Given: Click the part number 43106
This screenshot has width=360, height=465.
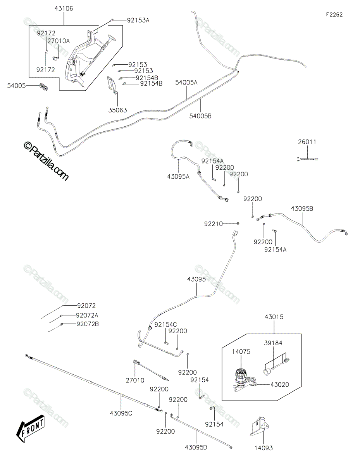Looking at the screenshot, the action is click(x=64, y=9).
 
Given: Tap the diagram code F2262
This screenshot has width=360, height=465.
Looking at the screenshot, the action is click(x=334, y=15).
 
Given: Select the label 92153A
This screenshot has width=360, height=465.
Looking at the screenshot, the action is click(x=138, y=20).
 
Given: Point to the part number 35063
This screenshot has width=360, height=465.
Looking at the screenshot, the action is click(x=118, y=110).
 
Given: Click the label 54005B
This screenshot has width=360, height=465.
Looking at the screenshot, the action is click(x=200, y=116).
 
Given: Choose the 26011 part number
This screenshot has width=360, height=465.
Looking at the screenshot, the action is click(x=307, y=142).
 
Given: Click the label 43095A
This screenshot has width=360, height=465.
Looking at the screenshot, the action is click(x=178, y=177).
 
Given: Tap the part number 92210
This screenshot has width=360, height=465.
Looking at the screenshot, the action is click(x=214, y=224).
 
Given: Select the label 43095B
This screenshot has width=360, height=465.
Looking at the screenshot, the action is click(x=302, y=208).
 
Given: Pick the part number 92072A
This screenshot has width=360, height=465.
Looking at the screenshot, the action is click(x=87, y=316).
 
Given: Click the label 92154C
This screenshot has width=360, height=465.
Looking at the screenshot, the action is click(x=166, y=325).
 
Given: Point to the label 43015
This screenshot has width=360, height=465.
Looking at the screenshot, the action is click(x=274, y=317).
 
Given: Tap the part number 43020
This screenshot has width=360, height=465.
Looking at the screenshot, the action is click(x=280, y=384).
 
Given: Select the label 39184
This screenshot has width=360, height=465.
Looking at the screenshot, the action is click(x=273, y=343).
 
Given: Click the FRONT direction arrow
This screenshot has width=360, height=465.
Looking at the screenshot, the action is click(x=30, y=428).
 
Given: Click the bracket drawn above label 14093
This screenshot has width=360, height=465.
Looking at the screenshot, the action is click(x=259, y=427).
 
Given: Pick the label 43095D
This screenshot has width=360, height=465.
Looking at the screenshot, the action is click(x=196, y=448).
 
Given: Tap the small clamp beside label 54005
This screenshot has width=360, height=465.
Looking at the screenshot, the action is click(x=43, y=87).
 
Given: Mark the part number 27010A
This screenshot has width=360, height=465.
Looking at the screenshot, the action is click(x=59, y=41).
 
